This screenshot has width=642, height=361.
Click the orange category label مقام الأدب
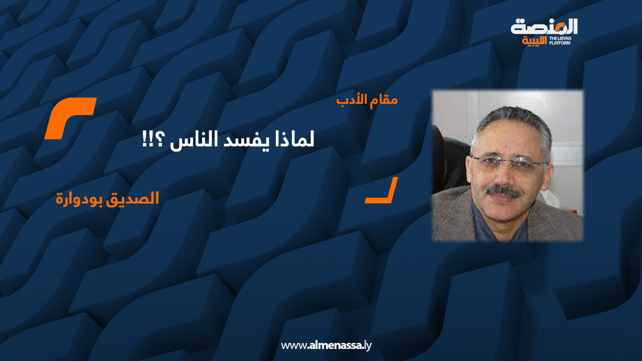367,100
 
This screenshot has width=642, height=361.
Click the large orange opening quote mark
70,118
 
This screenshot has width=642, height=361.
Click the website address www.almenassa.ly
326,345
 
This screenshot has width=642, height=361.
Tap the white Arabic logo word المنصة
544,27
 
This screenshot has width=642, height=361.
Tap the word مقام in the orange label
384,100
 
